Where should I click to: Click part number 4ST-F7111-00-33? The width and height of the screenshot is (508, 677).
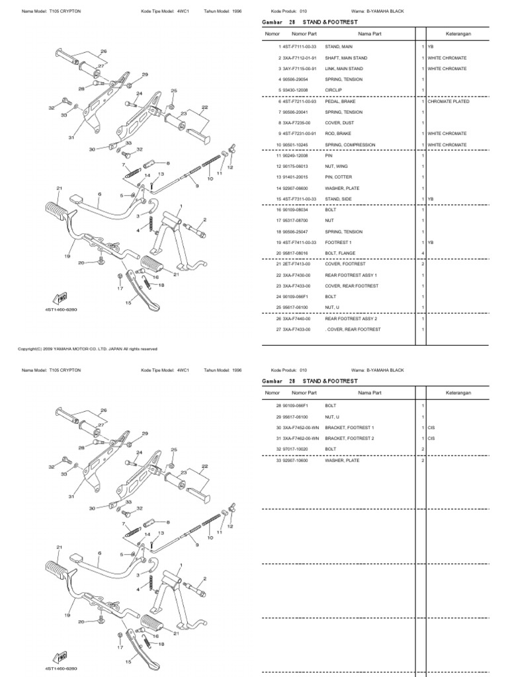(x=299, y=48)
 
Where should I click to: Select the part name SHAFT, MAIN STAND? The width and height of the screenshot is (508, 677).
(x=346, y=58)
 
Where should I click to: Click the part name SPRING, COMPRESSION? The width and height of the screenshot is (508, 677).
(x=350, y=145)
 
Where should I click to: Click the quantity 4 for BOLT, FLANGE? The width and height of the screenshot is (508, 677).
(x=423, y=253)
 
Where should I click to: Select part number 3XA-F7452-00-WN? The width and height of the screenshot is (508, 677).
(x=300, y=427)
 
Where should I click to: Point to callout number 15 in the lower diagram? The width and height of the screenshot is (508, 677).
(x=128, y=662)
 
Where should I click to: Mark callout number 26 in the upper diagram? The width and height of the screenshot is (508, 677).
(x=103, y=51)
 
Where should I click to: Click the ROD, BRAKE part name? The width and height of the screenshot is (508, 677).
(x=337, y=134)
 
